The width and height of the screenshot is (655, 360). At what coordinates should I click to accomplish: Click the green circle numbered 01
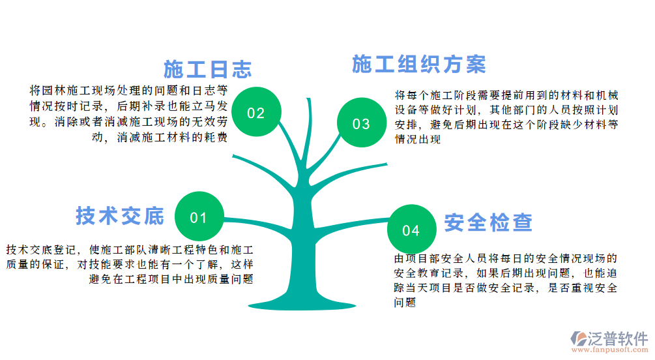pos(198,217)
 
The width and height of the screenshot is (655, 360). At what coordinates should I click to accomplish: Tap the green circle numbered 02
pos(256,113)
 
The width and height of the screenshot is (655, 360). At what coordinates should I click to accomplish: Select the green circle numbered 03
pos(361,124)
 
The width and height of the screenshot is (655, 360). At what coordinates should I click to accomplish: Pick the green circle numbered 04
pos(411,230)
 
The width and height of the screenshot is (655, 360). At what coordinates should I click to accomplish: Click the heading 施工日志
pos(208,69)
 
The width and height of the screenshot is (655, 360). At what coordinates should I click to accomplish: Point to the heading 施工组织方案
pos(419,65)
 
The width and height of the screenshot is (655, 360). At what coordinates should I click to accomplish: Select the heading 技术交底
pos(120,216)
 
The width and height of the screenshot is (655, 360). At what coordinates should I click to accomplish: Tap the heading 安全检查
pos(489,223)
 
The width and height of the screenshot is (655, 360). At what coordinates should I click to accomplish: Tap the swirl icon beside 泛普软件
pos(577,338)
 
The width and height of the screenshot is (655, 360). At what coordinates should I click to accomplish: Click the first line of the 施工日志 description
pos(129,89)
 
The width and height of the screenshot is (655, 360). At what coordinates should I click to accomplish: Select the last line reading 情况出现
pos(418,139)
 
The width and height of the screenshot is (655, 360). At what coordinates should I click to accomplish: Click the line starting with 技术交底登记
pos(130,249)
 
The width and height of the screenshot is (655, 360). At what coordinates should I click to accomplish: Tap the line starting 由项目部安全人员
pos(506,258)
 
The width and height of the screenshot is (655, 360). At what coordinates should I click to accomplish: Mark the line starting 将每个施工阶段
pos(506,94)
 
